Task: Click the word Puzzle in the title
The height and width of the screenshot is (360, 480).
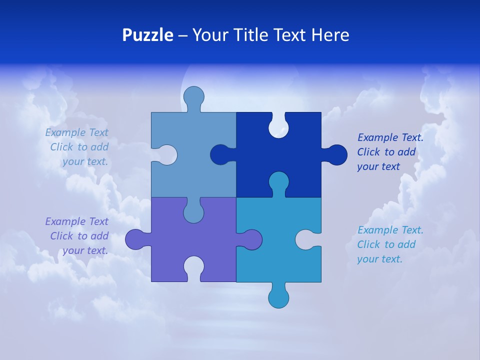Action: pyautogui.click(x=147, y=35)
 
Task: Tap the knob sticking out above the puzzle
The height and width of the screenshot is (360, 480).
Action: pyautogui.click(x=193, y=97)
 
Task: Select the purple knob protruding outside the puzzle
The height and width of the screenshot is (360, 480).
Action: pyautogui.click(x=135, y=239)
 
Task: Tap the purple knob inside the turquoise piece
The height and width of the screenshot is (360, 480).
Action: pyautogui.click(x=251, y=239)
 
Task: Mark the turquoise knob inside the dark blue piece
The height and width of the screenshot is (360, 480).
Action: pyautogui.click(x=278, y=182)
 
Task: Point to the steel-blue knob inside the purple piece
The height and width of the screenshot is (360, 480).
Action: pyautogui.click(x=193, y=211)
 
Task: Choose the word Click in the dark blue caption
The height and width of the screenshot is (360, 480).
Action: pyautogui.click(x=368, y=152)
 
